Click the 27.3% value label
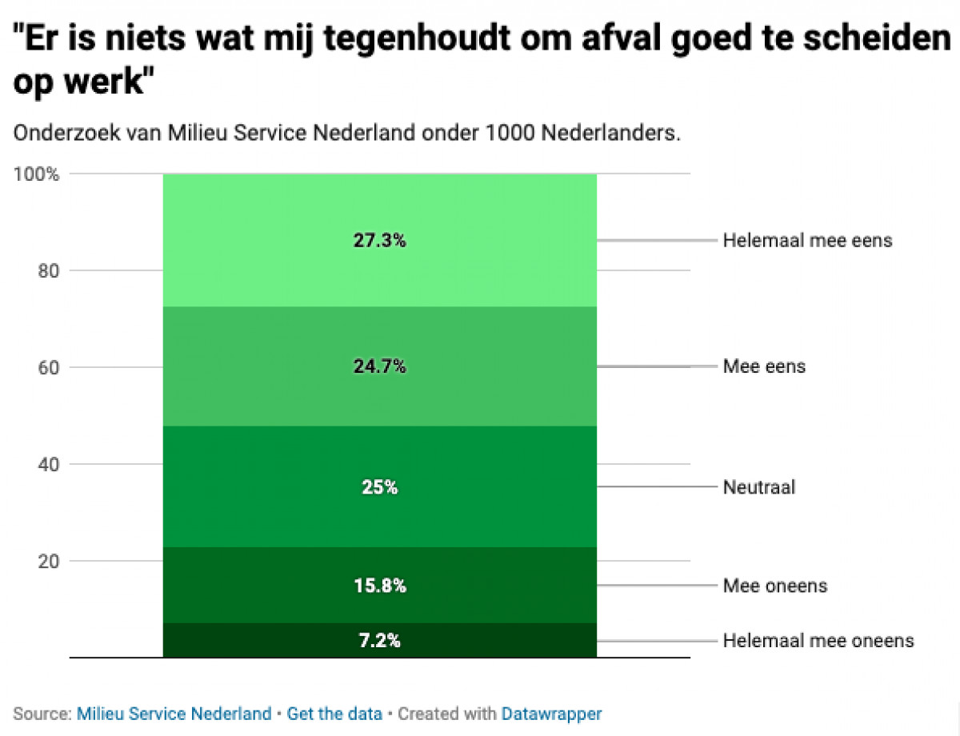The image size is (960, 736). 379,240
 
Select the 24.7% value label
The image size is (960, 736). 379,366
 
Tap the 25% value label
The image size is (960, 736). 379,487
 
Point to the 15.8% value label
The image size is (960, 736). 379,586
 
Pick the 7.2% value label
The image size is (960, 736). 379,641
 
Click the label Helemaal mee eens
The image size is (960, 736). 807,240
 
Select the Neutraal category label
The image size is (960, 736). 758,487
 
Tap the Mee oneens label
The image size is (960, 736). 774,586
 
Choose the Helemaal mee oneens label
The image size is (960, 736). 818,641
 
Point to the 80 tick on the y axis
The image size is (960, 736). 49,270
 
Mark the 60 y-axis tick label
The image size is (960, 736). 49,367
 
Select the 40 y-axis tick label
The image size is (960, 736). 49,464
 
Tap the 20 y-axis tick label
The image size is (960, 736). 49,561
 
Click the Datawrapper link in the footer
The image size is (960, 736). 551,714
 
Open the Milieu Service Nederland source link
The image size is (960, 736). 174,714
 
